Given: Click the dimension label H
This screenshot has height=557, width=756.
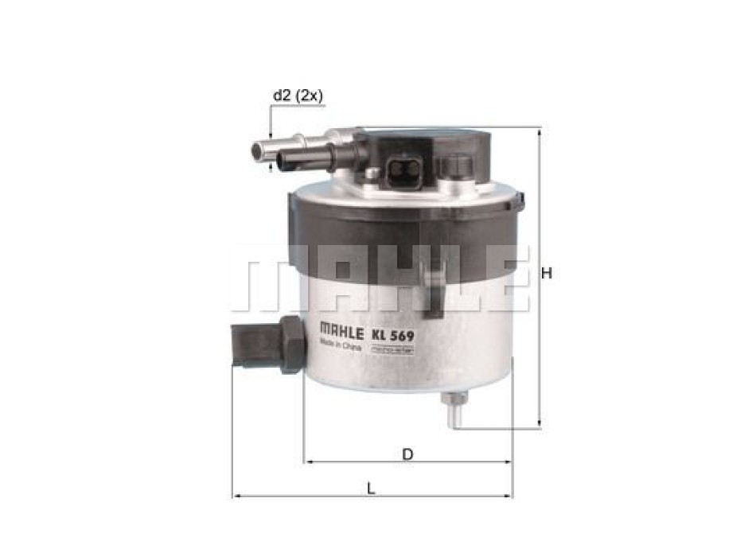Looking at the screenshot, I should tap(547, 273).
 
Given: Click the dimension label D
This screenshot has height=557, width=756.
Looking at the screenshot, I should tap(407, 454).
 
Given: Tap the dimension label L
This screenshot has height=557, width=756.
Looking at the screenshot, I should tap(371, 489).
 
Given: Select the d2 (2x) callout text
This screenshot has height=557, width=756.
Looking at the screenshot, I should tap(297, 95).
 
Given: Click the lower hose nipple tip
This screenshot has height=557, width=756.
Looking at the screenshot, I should tap(281, 163).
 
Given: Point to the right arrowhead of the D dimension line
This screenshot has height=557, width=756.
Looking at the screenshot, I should tap(509, 462).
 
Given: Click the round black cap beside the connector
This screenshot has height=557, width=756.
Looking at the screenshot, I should tap(456, 166).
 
